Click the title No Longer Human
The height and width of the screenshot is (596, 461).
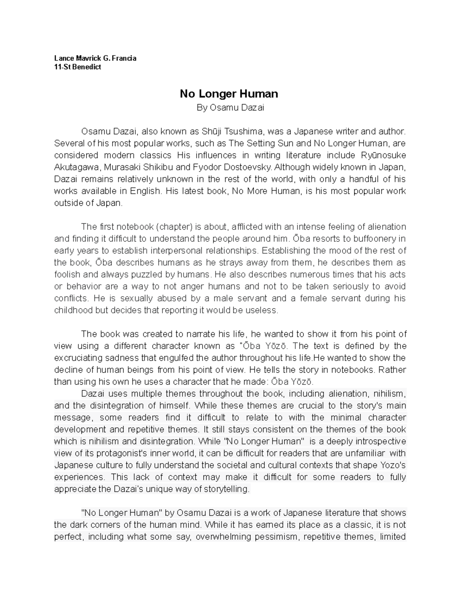coord(229,94)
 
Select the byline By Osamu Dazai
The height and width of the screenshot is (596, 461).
coord(230,108)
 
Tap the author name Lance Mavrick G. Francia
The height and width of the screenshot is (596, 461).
coord(95,58)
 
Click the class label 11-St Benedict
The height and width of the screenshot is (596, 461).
coord(78,67)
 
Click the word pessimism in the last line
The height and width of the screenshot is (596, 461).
coord(273,537)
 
